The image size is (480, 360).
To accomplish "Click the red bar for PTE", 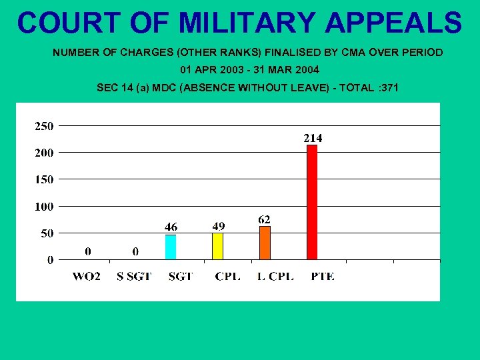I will (x=312, y=202).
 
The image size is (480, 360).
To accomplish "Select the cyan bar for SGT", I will (x=171, y=247).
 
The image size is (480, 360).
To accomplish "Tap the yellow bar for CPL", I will (x=217, y=246).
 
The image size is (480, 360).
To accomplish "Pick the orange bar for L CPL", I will (x=265, y=243).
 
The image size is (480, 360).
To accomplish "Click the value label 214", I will (x=313, y=138).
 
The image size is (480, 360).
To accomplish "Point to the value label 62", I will (x=265, y=219).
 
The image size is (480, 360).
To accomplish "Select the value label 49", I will (x=218, y=227).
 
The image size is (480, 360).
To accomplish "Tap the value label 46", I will (x=171, y=227).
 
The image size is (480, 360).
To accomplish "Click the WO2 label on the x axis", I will (x=87, y=277).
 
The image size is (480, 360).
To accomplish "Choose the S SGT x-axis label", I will (x=134, y=277).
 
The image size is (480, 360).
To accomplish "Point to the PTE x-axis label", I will (x=323, y=277).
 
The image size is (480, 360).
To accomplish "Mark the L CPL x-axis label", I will (x=275, y=277).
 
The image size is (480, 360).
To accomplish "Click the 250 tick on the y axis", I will (x=45, y=125).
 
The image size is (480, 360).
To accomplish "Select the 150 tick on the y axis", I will (x=45, y=179).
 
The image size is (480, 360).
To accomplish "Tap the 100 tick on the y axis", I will (x=45, y=207).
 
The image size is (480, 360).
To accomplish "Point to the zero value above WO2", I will (x=88, y=251).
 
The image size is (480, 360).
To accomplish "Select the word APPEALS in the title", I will (x=393, y=23).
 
